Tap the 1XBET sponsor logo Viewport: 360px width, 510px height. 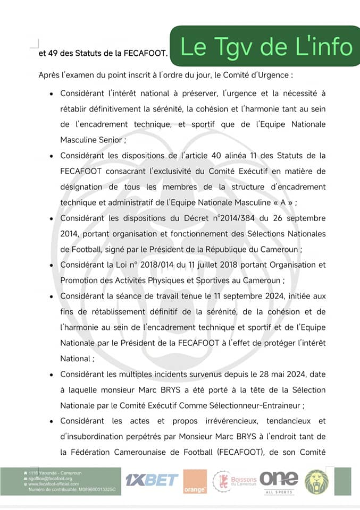tap(152, 480)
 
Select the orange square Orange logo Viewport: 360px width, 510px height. tap(195, 481)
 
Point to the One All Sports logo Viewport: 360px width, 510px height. tap(279, 481)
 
